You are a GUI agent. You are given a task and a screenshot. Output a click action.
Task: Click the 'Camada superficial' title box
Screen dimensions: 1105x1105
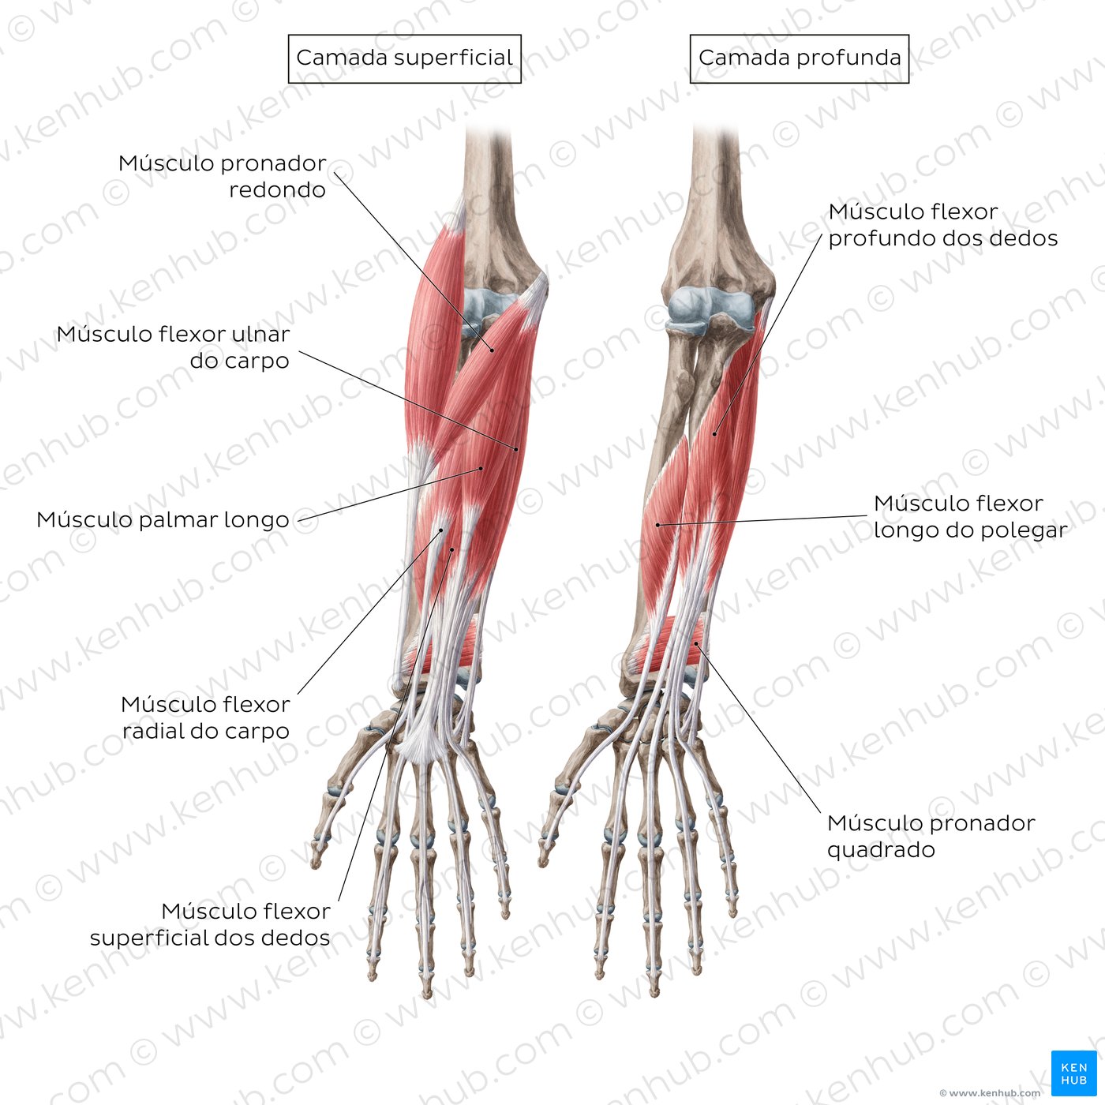coord(404,59)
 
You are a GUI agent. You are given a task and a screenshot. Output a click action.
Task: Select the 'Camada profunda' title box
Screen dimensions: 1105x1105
coord(800,59)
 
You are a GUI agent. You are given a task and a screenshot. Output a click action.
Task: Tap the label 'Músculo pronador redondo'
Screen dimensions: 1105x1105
coord(222,176)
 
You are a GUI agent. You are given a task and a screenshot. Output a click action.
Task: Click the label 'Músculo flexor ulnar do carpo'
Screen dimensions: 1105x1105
coord(173,347)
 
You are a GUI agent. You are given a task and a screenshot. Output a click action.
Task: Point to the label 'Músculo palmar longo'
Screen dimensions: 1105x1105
coord(163,520)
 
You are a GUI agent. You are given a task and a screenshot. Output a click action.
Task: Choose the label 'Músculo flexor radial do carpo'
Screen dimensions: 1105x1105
coord(205,717)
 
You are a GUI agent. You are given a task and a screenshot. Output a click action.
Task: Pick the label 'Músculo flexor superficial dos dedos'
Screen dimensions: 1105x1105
coord(210,924)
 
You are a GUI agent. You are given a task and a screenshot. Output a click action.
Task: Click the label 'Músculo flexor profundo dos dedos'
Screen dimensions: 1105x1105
coord(942,225)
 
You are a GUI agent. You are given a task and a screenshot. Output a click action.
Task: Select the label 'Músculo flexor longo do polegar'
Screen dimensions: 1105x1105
coord(970,516)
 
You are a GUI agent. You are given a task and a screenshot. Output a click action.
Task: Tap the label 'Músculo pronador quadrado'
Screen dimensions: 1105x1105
coord(931,836)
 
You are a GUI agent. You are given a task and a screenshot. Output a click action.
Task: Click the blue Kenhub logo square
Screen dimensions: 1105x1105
coord(1074,1073)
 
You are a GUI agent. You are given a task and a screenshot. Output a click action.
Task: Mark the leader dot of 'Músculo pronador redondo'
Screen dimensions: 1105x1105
coord(492,350)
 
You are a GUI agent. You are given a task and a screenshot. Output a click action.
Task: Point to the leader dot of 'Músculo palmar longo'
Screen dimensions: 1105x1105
coord(481,469)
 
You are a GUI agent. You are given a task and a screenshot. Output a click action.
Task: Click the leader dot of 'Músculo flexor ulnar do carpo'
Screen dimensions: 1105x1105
coord(516,450)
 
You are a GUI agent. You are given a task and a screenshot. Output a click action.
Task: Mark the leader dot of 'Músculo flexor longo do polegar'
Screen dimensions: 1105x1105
coord(657,525)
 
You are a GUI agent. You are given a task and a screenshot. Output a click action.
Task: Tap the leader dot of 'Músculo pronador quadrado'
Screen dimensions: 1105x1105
coord(696,644)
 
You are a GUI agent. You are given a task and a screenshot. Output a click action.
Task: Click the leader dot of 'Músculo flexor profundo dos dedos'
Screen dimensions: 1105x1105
coord(714,434)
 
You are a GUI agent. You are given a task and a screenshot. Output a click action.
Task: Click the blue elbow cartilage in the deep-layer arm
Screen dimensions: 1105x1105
coord(711,310)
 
